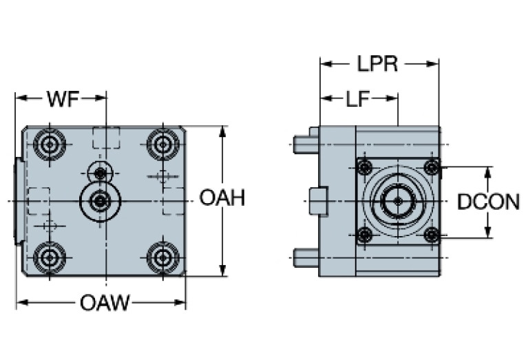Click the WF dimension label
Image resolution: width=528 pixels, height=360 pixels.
(61, 98)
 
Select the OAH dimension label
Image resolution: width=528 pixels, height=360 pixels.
(222, 199)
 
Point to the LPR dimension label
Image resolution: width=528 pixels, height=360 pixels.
(377, 64)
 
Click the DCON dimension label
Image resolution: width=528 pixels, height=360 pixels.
(488, 202)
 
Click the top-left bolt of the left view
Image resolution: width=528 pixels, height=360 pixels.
(49, 145)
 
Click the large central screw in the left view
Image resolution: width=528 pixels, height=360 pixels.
(101, 201)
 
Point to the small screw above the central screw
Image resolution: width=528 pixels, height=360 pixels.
(101, 171)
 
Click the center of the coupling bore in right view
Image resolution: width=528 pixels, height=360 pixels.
(397, 201)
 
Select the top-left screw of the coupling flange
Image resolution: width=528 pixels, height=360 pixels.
(364, 167)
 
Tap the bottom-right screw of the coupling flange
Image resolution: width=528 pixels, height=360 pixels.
(432, 235)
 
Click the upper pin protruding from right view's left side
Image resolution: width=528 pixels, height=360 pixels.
(304, 145)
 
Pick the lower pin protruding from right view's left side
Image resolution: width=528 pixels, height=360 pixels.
(304, 257)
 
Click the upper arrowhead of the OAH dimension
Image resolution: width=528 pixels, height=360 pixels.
(222, 131)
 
